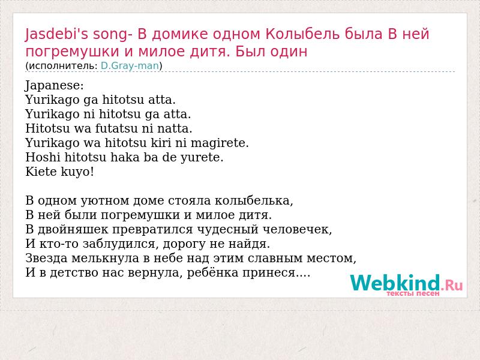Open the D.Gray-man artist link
tap(130, 66)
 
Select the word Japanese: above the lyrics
tap(54, 86)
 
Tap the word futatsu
tap(116, 128)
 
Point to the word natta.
tap(175, 128)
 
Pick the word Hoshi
tap(43, 157)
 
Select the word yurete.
tap(202, 158)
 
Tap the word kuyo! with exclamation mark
tap(77, 172)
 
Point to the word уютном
tap(105, 201)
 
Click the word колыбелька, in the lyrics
tap(254, 201)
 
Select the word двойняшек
tap(73, 230)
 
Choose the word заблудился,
tap(121, 244)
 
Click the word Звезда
tap(47, 259)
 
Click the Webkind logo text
tap(406, 283)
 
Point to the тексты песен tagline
tap(413, 293)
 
